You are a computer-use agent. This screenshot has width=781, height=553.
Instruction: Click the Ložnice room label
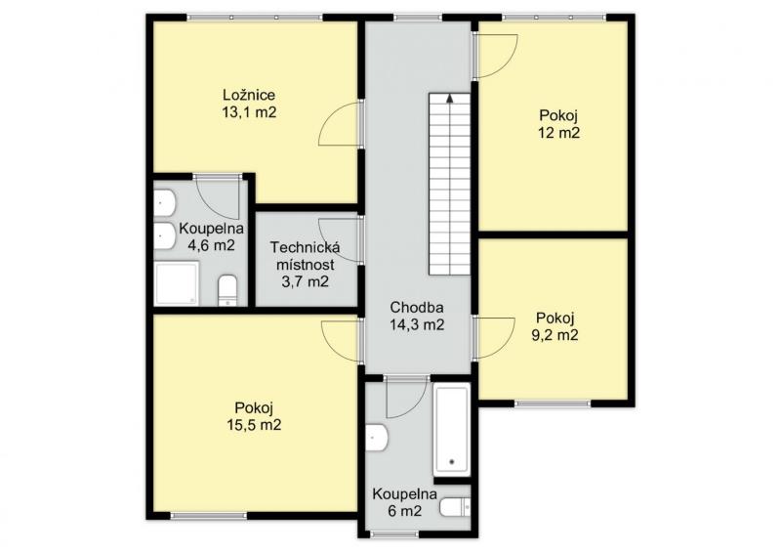pos(249,95)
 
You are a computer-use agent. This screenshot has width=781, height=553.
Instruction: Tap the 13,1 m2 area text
pos(249,112)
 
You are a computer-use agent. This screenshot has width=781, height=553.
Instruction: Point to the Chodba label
pos(417,308)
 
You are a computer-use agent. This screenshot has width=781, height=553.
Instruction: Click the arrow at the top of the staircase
pos(450,99)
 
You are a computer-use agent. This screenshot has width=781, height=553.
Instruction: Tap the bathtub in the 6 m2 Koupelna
pos(451,430)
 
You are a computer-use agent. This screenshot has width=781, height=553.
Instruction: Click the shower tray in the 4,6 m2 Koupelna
pos(177,283)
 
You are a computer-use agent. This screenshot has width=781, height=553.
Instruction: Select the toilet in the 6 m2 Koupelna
pos(455,507)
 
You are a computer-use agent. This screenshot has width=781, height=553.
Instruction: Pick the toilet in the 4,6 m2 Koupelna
pos(227,291)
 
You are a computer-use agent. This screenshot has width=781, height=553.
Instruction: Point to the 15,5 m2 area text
pos(254,425)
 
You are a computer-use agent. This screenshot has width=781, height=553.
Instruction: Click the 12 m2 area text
pos(558,133)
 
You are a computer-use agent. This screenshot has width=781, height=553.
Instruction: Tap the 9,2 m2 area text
pos(555,335)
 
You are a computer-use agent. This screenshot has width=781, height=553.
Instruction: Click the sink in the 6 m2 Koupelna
pos(377,438)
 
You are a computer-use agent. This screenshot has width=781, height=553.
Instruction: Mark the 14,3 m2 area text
pos(417,325)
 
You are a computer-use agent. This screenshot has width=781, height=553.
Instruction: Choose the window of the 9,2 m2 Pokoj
pos(553,404)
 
